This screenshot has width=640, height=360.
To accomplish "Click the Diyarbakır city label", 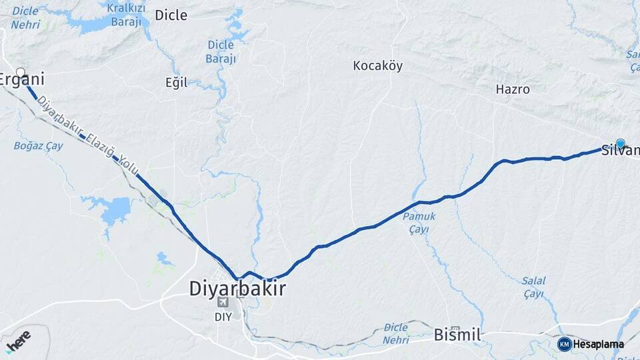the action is click(x=237, y=289).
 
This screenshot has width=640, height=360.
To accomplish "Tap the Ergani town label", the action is click(x=22, y=80).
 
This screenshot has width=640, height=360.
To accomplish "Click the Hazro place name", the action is click(x=513, y=89).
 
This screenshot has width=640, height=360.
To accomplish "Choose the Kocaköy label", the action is click(x=377, y=66).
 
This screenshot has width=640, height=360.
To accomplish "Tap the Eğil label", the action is click(x=176, y=83).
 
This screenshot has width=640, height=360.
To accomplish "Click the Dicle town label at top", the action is click(x=171, y=15).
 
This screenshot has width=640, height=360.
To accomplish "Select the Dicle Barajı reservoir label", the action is click(x=221, y=51).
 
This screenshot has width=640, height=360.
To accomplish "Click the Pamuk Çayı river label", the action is click(x=423, y=223).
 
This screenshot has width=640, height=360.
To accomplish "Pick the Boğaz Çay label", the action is click(x=38, y=145).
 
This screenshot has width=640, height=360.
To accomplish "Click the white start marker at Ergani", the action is click(x=21, y=72).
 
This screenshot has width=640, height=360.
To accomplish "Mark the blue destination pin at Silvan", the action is click(x=621, y=143).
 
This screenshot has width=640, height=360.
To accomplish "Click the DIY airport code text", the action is click(x=223, y=317).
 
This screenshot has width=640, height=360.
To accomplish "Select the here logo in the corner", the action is click(x=18, y=341).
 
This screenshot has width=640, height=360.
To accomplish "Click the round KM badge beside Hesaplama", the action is click(x=564, y=344).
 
